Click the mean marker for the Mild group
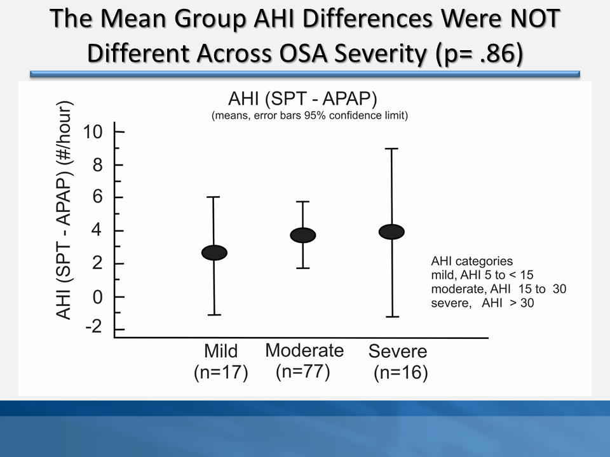click(x=215, y=252)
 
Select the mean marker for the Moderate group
click(x=303, y=235)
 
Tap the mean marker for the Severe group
click(x=391, y=232)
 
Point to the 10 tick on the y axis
click(x=118, y=132)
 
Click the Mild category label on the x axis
click(x=220, y=351)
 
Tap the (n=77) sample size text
click(x=303, y=371)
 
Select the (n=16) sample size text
click(x=400, y=373)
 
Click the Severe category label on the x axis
click(x=398, y=351)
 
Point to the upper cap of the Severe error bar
click(x=391, y=149)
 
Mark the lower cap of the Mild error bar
click(x=215, y=314)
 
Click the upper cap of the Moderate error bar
click(x=303, y=202)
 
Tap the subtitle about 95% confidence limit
click(x=309, y=116)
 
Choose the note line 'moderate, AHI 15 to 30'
click(x=498, y=289)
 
